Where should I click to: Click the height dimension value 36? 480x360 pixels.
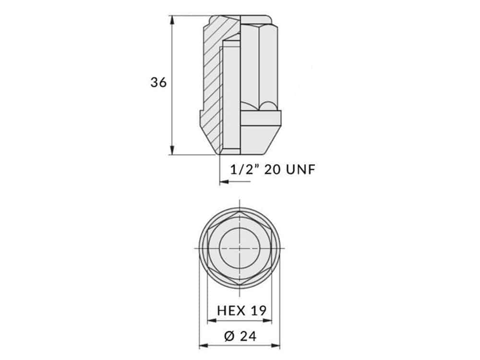pyautogui.click(x=158, y=83)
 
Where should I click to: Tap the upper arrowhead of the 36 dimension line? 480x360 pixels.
pyautogui.click(x=172, y=20)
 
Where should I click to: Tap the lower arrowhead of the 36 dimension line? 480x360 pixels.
pyautogui.click(x=172, y=150)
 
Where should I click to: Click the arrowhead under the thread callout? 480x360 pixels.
pyautogui.click(x=224, y=182)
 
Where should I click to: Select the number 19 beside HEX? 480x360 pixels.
pyautogui.click(x=259, y=311)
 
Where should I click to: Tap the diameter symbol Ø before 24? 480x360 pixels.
pyautogui.click(x=229, y=336)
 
